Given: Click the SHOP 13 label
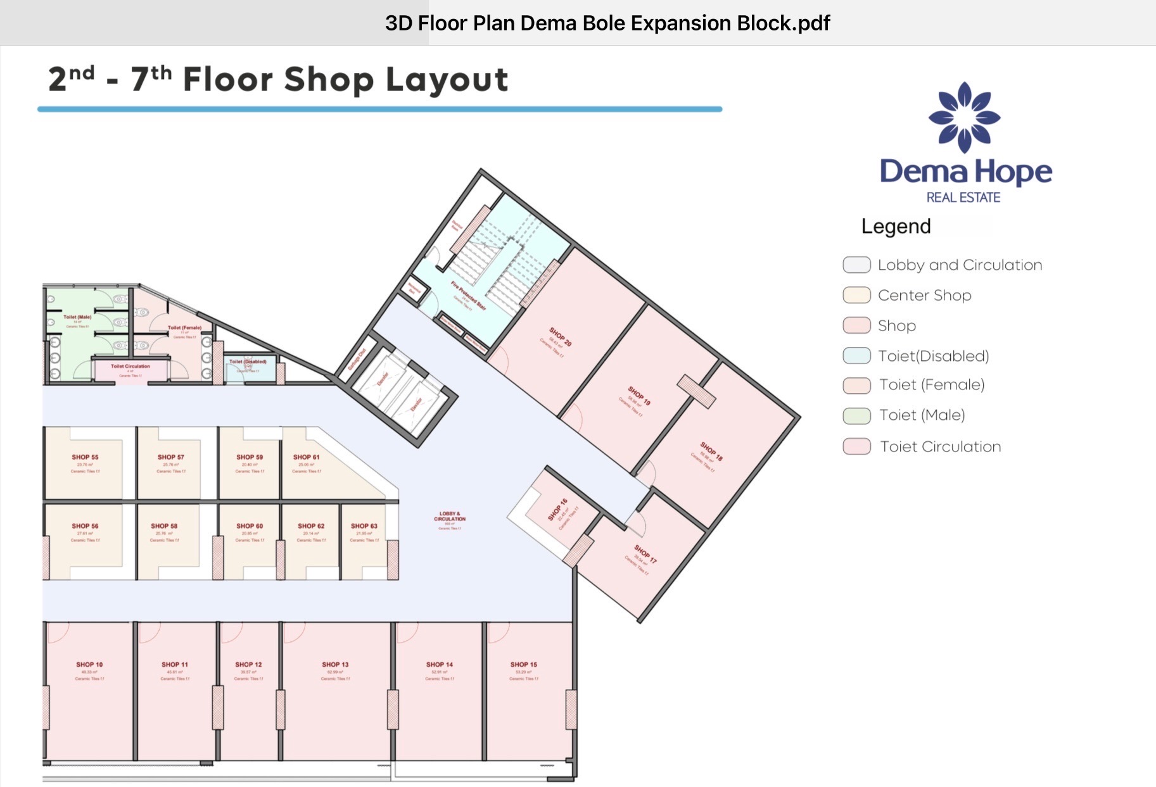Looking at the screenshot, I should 335,665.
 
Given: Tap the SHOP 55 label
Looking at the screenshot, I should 85,457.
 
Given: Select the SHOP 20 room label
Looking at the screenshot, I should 561,337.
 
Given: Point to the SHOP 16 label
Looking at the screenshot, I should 558,509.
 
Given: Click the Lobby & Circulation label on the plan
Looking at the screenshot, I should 450,517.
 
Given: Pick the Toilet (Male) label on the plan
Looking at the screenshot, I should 77,317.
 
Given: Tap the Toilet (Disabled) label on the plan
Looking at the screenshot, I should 248,362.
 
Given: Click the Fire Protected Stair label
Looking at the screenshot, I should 469,295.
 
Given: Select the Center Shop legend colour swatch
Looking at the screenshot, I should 856,295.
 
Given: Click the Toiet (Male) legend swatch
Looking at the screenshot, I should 856,415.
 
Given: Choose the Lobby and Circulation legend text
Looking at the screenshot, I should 960,265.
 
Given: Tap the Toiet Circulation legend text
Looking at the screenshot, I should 941,446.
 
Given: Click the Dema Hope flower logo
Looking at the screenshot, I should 964,117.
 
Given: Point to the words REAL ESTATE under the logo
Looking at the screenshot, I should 963,198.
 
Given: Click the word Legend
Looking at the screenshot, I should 896,227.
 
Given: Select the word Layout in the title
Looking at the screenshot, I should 447,80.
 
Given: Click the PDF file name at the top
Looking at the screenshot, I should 607,23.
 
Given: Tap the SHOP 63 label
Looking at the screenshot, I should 364,526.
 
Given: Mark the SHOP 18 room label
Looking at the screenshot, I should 711,451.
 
